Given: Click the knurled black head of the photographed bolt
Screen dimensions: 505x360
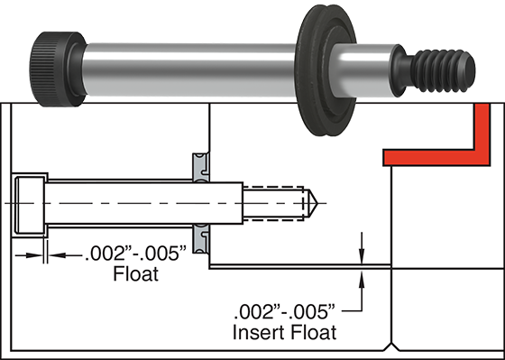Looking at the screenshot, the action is [58, 69].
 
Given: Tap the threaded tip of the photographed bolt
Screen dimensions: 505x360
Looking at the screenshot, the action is [443, 70].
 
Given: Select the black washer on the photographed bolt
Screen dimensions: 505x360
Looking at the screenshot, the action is [326, 70].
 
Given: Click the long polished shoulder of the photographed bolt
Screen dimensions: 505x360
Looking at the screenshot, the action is [190, 70].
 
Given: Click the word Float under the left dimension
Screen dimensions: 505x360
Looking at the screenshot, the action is [136, 274].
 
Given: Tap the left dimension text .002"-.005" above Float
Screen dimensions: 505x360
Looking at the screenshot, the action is [135, 254].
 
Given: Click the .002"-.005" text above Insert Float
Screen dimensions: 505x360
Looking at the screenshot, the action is [284, 312].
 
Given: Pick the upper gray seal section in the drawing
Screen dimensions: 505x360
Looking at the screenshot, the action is [200, 167].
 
